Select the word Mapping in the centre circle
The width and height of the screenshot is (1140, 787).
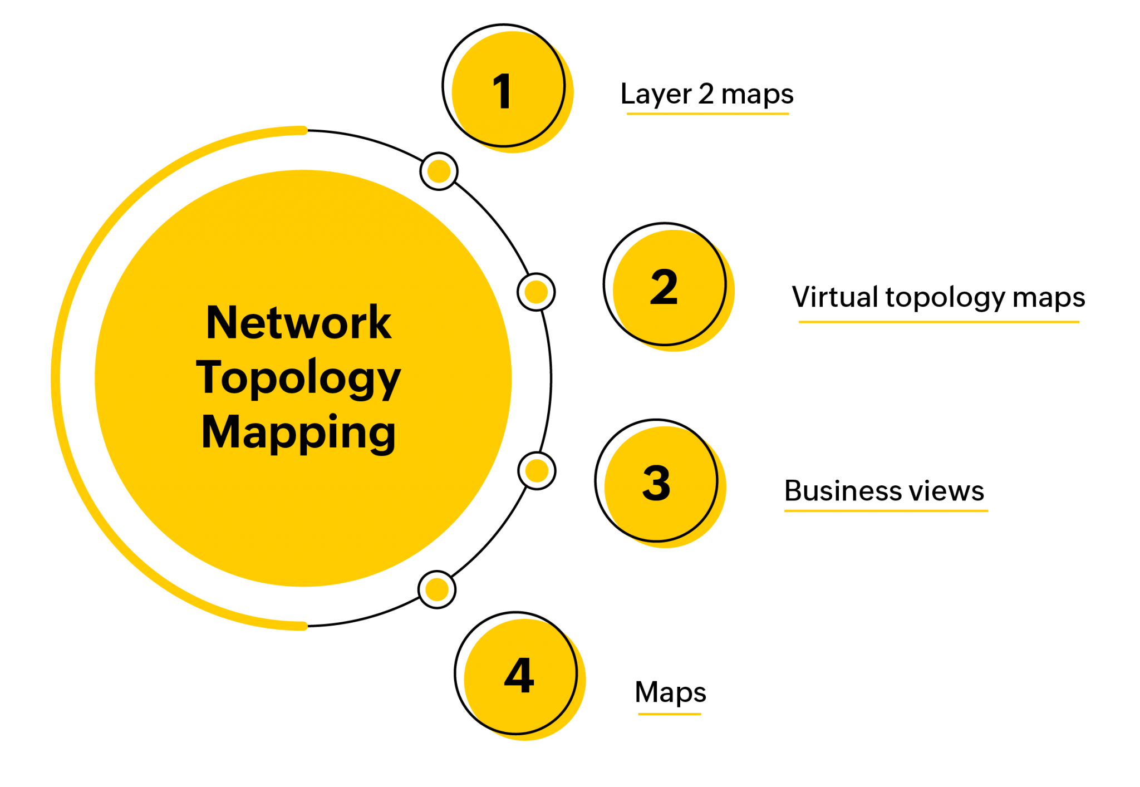pyautogui.click(x=299, y=432)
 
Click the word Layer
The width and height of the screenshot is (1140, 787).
pyautogui.click(x=656, y=95)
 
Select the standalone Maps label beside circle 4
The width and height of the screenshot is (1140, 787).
pyautogui.click(x=670, y=693)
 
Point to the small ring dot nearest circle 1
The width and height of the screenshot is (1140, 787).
pyautogui.click(x=439, y=171)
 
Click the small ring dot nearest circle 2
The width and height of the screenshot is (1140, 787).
pyautogui.click(x=536, y=292)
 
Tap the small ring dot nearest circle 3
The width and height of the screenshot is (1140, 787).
pyautogui.click(x=537, y=471)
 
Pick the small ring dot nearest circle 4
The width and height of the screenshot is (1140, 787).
pyautogui.click(x=437, y=589)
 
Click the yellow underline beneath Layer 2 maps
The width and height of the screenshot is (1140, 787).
pyautogui.click(x=707, y=114)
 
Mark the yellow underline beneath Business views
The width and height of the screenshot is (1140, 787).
pyautogui.click(x=886, y=510)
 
